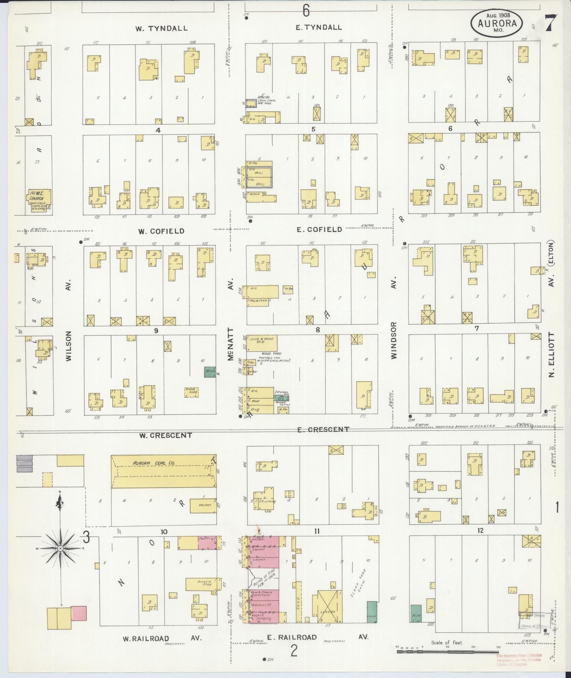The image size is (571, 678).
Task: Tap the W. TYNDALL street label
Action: (x=161, y=28)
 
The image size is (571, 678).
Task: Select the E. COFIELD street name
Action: (x=319, y=229)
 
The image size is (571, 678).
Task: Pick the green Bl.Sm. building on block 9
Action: (x=210, y=372)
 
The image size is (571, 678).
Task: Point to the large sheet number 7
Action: (x=551, y=23)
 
